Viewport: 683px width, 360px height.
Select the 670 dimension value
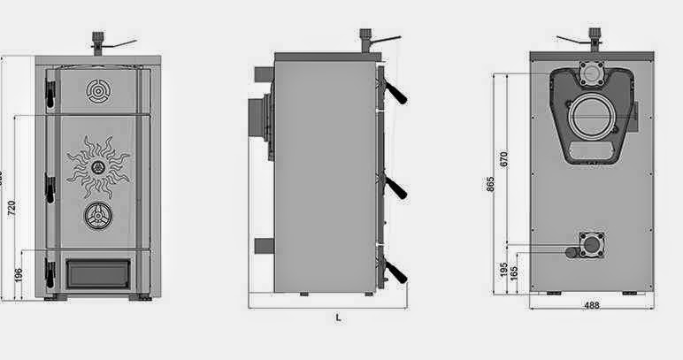(x=503, y=159)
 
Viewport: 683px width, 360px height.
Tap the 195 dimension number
(x=503, y=269)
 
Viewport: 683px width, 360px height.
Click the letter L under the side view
(x=338, y=317)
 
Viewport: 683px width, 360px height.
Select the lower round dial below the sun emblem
(x=97, y=216)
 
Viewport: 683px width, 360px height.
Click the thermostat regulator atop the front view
(x=99, y=42)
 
